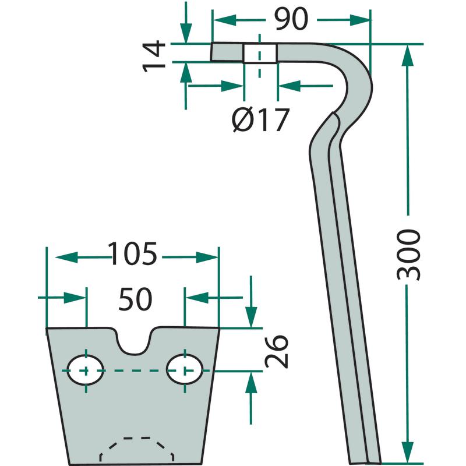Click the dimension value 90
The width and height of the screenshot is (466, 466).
(x=291, y=20)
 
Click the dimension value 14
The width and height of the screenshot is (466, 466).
(x=155, y=56)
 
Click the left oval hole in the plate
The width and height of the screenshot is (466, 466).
(x=86, y=370)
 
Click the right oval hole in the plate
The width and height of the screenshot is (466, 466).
(x=185, y=369)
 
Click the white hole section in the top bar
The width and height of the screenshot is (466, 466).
(x=259, y=52)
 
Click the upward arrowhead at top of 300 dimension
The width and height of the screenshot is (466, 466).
(x=407, y=55)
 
